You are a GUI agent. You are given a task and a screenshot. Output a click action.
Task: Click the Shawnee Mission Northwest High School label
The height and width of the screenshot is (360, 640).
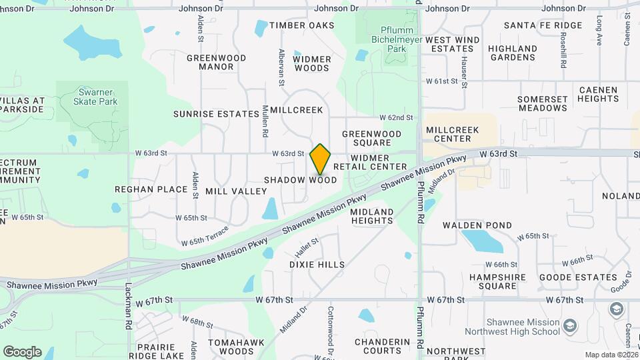[523, 327]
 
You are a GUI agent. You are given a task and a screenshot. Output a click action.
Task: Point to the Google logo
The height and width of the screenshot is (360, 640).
[22, 352]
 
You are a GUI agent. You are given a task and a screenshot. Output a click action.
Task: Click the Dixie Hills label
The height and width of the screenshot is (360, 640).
[317, 265]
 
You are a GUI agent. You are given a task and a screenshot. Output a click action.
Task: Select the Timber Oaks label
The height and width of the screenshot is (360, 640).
[301, 25]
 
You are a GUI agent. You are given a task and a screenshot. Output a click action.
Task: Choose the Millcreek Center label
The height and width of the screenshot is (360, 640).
[453, 134]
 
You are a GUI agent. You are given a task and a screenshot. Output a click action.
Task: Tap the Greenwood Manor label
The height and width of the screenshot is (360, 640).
[216, 63]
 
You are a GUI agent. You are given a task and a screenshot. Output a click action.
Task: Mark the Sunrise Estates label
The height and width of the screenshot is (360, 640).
[216, 114]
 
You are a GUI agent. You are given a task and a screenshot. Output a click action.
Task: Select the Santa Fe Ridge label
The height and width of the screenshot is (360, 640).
[543, 25]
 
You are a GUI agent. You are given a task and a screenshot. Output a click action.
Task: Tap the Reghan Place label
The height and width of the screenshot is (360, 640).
[151, 189]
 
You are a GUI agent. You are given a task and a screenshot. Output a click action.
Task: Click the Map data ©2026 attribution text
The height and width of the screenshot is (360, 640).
[611, 355]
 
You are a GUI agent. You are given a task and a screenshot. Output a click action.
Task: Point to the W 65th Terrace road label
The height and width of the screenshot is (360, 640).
[205, 237]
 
